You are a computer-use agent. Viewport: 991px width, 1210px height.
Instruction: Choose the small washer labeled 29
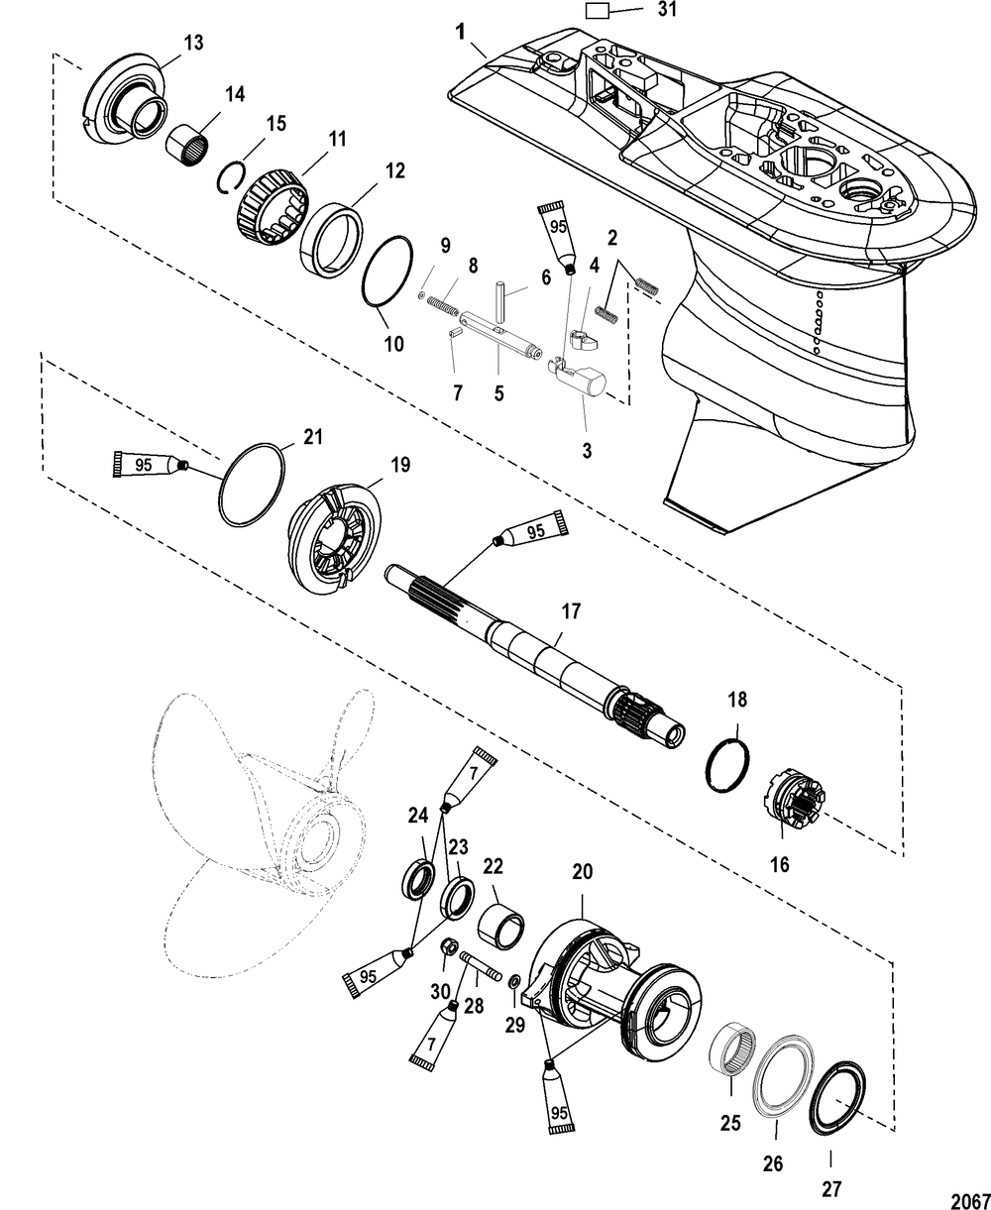pyautogui.click(x=513, y=981)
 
